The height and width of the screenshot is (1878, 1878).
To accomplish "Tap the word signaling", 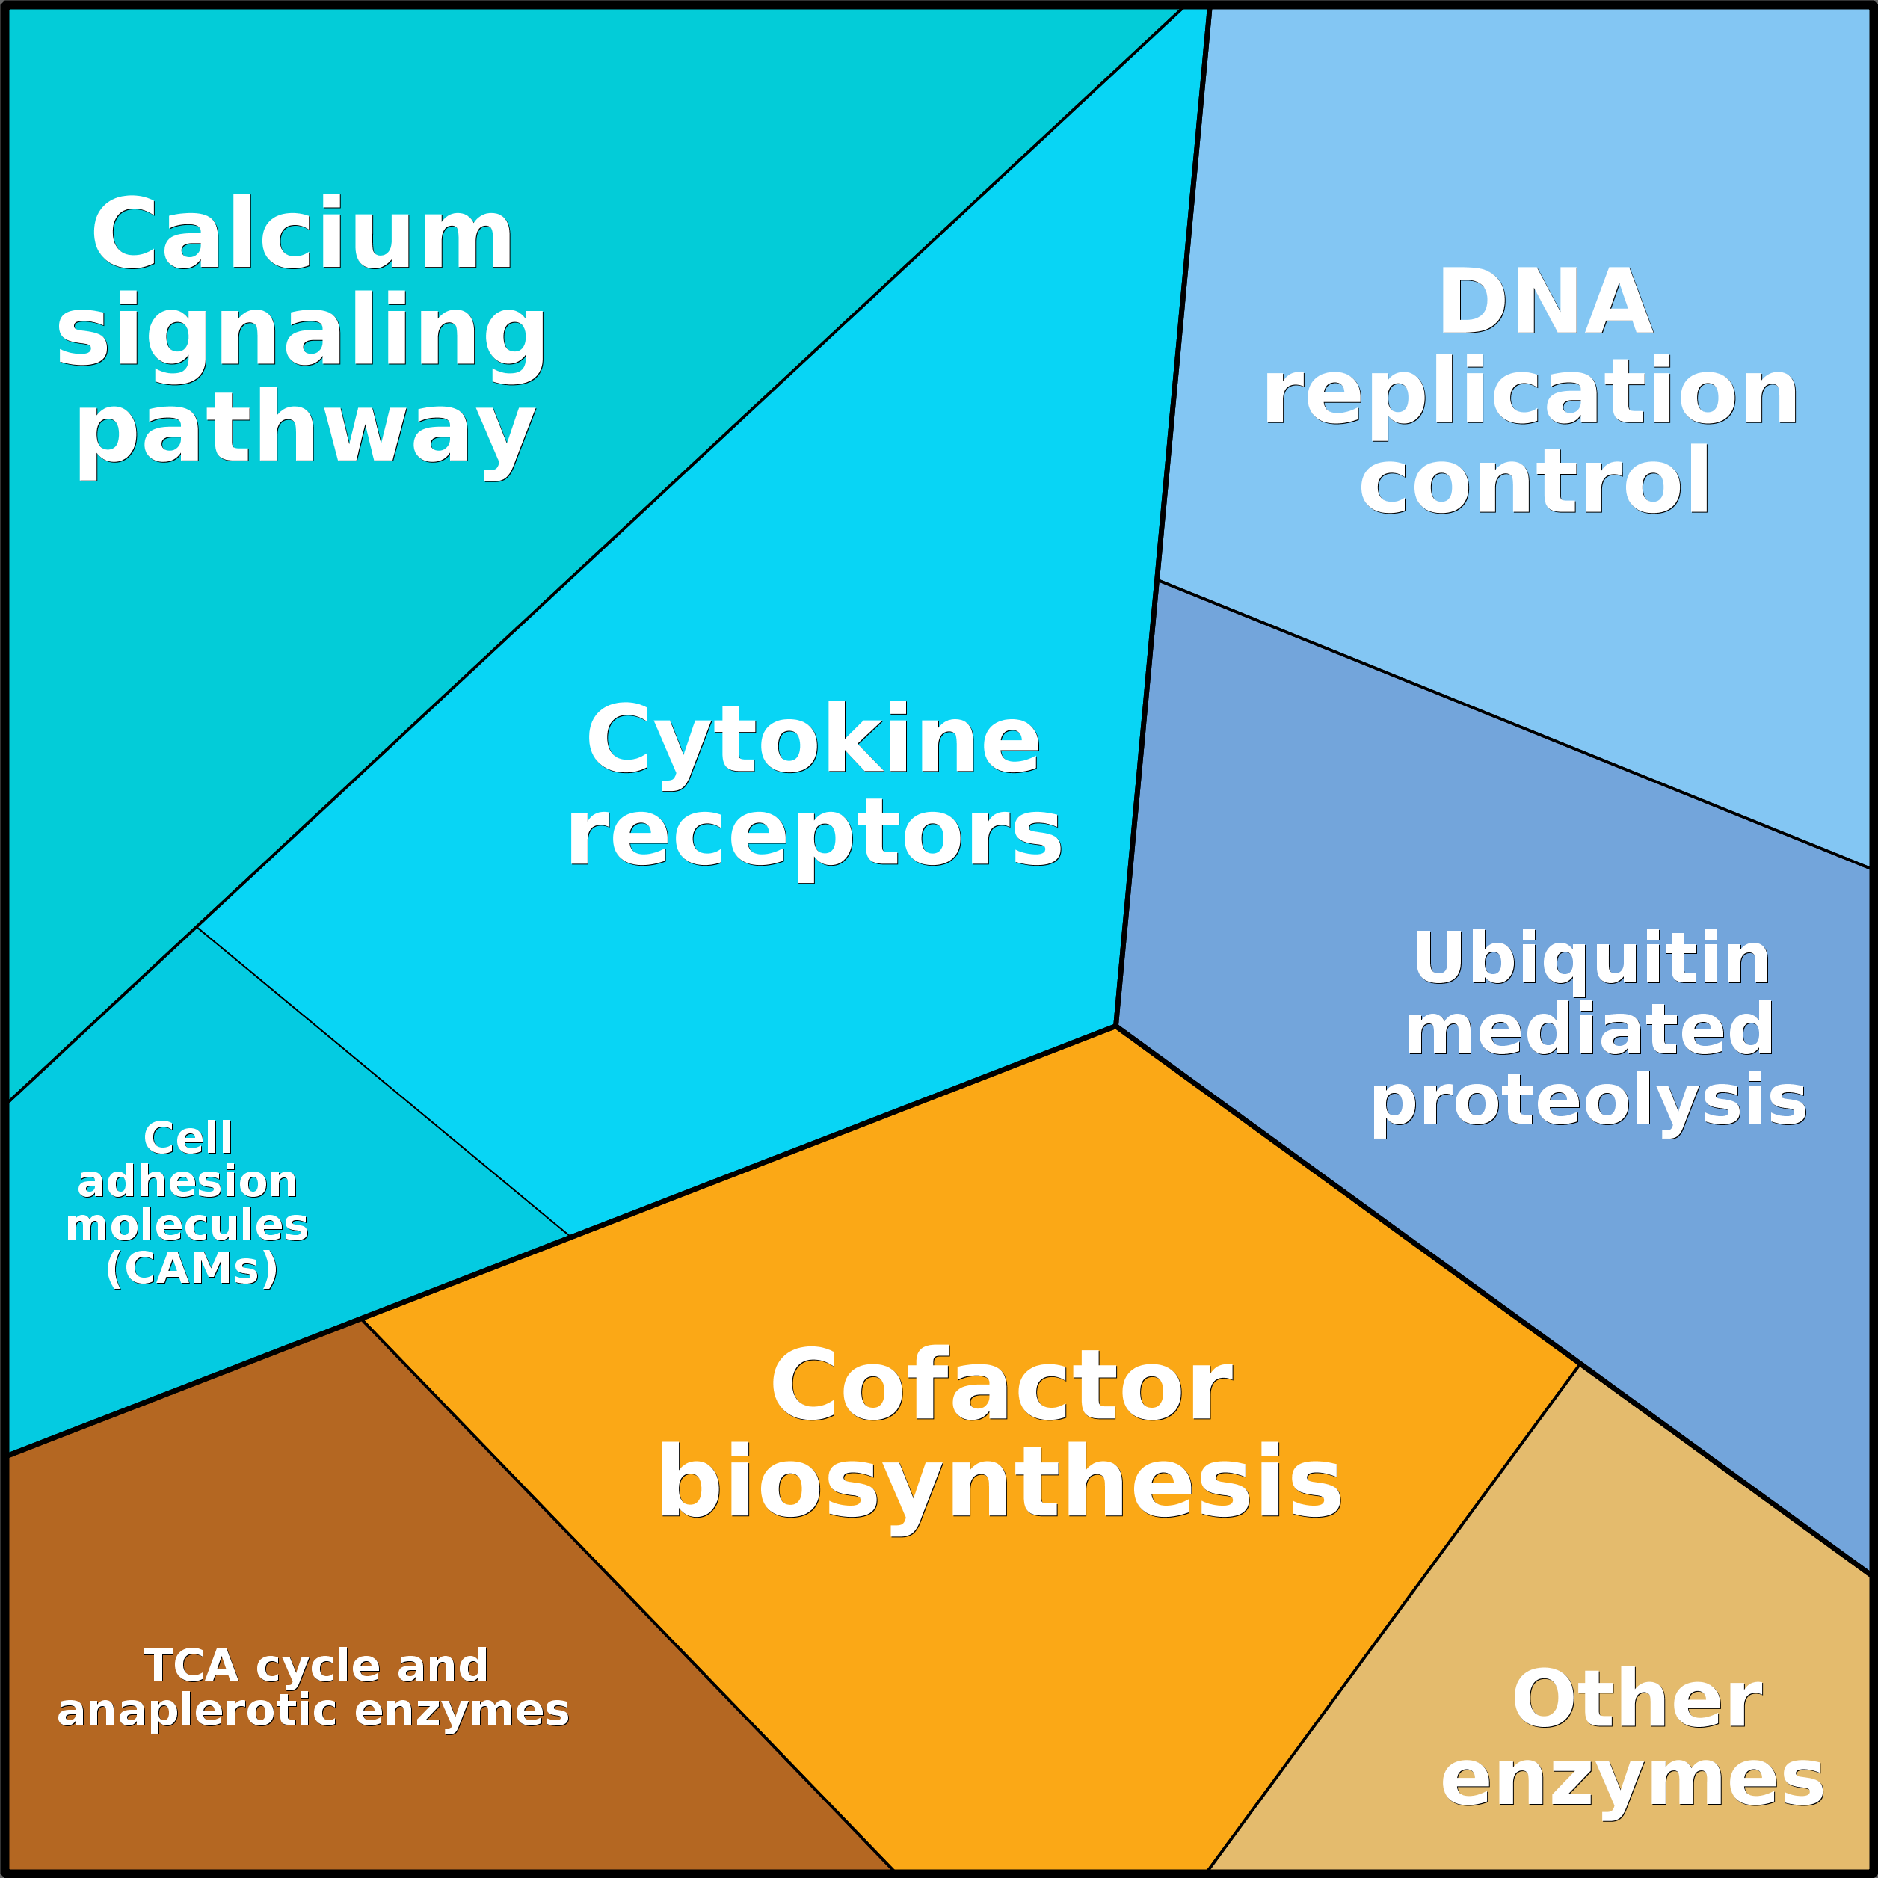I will coord(301,333).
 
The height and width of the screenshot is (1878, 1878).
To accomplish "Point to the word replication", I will coord(1530,392).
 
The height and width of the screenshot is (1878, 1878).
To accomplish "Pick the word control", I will coord(1534,482).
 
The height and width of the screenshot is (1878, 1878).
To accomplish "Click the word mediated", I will coord(1590,1030).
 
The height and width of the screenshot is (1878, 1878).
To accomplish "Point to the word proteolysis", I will coord(1589,1101).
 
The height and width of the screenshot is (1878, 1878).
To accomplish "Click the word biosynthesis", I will coord(1000,1483).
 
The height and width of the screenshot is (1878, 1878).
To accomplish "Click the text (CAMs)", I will coord(191,1269).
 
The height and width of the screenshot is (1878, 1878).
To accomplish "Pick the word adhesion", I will coord(188,1182).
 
